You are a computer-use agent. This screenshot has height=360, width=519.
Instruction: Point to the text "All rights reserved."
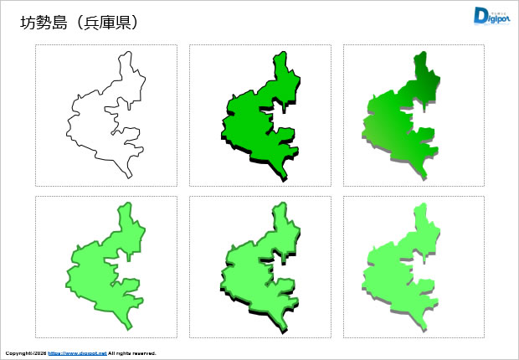(132, 353)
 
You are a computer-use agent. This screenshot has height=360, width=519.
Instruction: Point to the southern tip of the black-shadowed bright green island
(284, 178)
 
